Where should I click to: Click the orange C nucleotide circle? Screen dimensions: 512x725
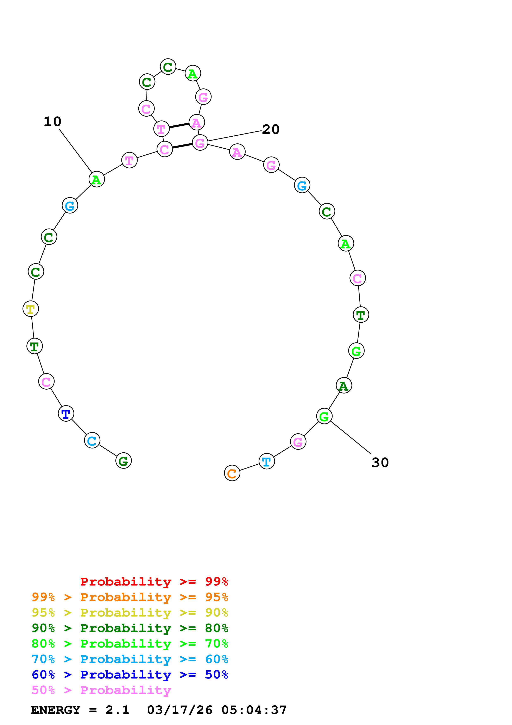[x=232, y=473]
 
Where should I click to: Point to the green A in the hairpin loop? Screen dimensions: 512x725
[x=193, y=74]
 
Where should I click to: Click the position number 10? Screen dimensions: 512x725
[x=52, y=122]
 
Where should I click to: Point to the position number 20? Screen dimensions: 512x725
[x=271, y=129]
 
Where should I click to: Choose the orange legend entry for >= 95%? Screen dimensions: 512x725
[x=130, y=597]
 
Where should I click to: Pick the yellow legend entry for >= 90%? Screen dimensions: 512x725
[x=130, y=613]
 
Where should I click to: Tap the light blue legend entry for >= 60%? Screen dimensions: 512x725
[x=130, y=659]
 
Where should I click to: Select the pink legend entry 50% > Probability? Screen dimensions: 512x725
[x=101, y=690]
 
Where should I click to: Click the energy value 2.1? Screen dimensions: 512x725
[x=117, y=710]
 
